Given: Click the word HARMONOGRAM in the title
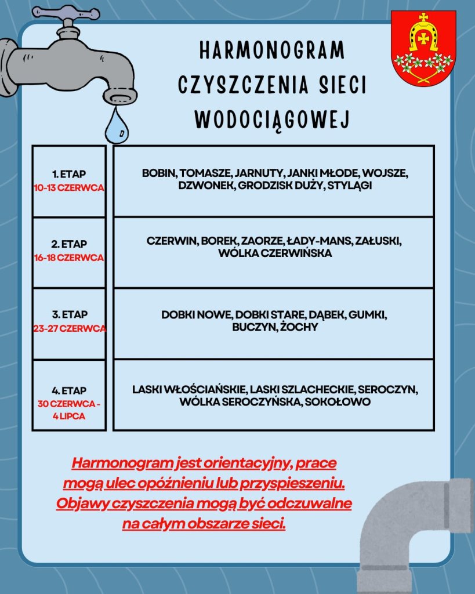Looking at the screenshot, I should coord(272,51).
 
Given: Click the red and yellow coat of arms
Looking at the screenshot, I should coord(423,49).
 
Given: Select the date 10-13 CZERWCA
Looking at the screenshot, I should coord(69,187).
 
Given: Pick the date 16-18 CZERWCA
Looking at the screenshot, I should coord(69,258).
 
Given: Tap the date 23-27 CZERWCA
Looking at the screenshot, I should coord(70,328).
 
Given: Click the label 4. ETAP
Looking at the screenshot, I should coord(69,391).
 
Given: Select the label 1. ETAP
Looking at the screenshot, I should coord(69,173).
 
